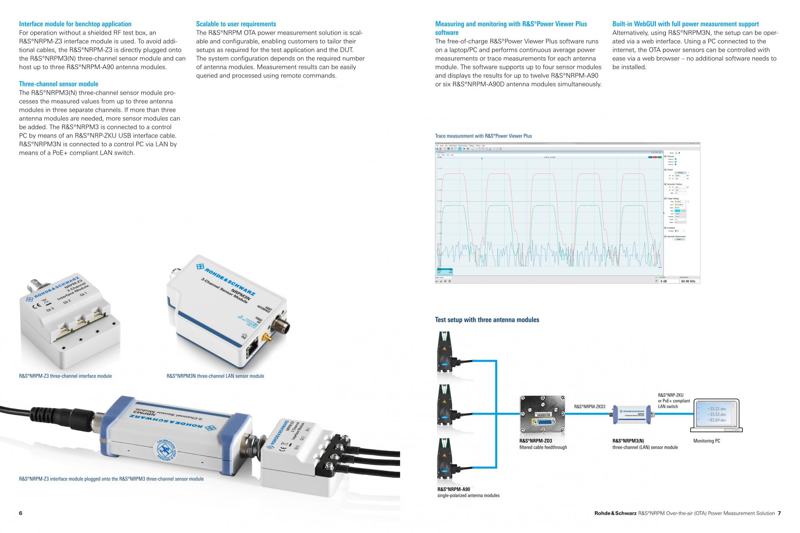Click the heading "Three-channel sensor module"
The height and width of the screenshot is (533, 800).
click(x=59, y=84)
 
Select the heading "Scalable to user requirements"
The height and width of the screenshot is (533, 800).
click(x=236, y=24)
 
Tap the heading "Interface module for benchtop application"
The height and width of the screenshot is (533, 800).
click(x=75, y=24)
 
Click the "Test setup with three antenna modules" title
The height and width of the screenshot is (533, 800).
click(x=487, y=320)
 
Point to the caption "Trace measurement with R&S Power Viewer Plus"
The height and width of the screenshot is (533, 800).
click(x=483, y=136)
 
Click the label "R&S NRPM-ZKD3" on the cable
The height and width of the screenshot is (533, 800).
click(x=590, y=406)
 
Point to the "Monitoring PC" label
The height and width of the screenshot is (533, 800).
click(x=707, y=441)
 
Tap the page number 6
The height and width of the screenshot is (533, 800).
click(x=21, y=513)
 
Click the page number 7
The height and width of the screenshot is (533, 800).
click(x=779, y=513)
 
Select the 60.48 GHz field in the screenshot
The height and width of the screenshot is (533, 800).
click(x=688, y=281)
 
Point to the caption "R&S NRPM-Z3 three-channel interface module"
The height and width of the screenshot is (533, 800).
click(x=65, y=376)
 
